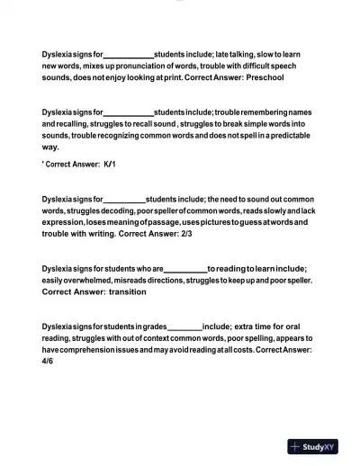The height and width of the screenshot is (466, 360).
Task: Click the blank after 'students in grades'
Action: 184,326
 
